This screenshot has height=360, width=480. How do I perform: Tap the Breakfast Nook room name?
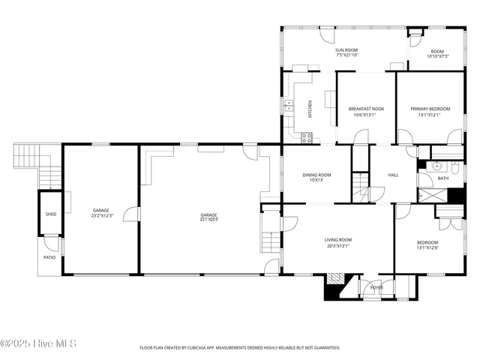pos(367,109)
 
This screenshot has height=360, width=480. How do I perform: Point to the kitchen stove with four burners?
pos(306,136)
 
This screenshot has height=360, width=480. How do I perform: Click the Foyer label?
pos(376,286)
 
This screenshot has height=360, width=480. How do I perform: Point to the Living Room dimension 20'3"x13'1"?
pos(337,245)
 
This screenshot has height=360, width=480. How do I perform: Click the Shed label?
pos(50,214)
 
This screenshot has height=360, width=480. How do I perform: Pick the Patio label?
pos(49,257)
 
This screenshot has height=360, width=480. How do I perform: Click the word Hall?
pos(393,175)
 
